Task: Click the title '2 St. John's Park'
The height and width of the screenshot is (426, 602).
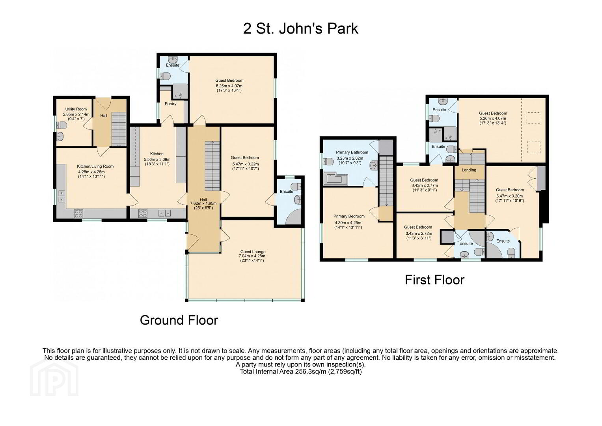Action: click(300, 29)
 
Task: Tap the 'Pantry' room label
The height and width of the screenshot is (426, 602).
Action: click(170, 104)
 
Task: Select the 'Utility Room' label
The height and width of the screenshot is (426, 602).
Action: click(76, 109)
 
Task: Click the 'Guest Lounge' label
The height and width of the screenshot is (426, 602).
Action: click(253, 252)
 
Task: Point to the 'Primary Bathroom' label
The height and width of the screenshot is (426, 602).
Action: click(352, 153)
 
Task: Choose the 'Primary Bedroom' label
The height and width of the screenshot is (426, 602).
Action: click(349, 216)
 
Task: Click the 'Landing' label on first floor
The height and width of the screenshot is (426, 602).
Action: click(469, 170)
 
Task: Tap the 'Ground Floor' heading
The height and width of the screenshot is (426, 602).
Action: click(179, 320)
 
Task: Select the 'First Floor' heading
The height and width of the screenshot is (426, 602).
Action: click(434, 280)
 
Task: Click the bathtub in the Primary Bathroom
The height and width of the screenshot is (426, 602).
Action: click(335, 179)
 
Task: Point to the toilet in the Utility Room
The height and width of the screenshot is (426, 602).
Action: click(61, 125)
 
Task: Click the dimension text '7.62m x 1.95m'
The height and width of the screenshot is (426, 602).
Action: click(203, 204)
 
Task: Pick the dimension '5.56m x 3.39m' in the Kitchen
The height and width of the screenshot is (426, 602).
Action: click(157, 159)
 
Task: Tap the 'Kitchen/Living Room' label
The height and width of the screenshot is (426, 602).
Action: click(95, 166)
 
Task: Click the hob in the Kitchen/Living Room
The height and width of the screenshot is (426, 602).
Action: click(78, 213)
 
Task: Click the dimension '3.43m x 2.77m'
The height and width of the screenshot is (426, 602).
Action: click(425, 185)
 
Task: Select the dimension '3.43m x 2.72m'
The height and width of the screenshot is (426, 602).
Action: click(419, 233)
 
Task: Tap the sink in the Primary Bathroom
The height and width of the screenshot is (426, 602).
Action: click(374, 165)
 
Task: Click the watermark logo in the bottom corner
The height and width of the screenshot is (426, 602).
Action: click(54, 377)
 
